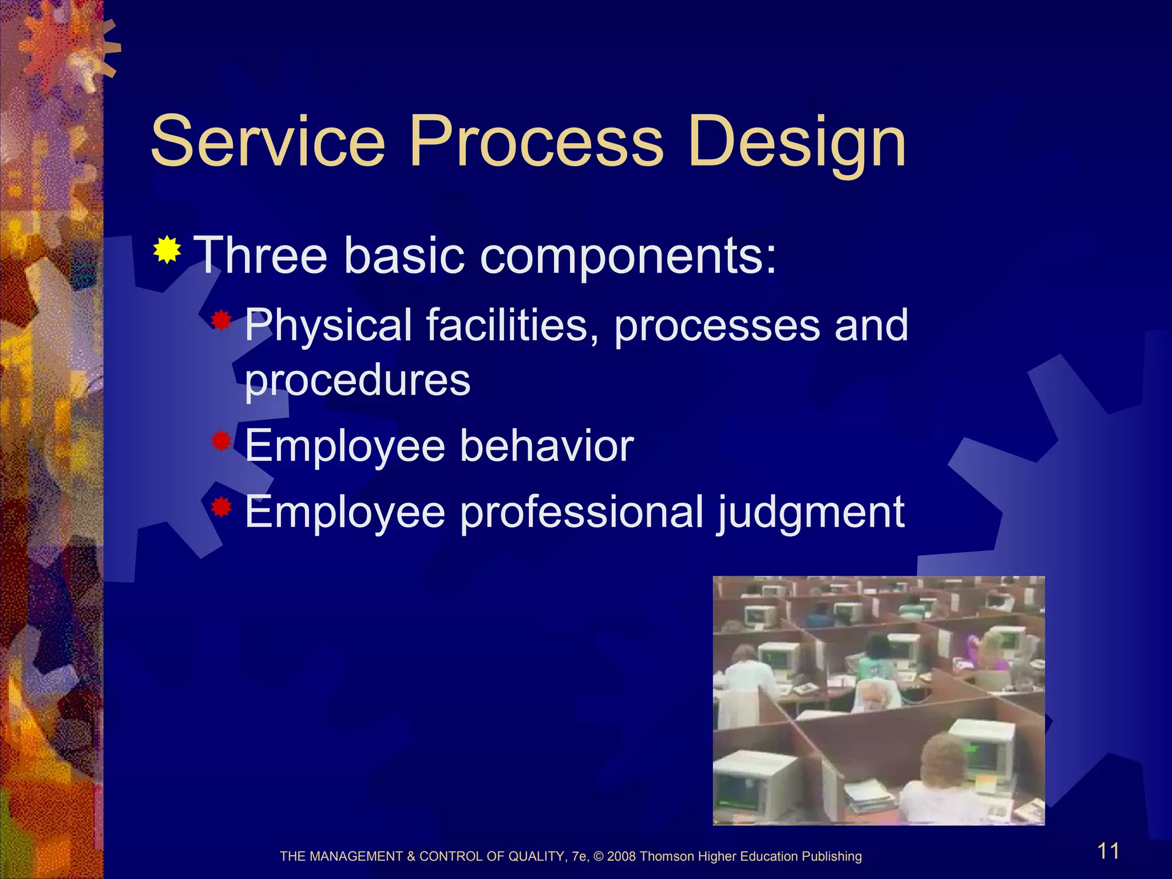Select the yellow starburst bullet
167,250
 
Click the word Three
260,255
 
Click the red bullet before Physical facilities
220,321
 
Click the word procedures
358,381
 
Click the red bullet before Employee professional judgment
220,507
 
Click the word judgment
810,513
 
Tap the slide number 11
1108,851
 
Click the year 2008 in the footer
621,857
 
